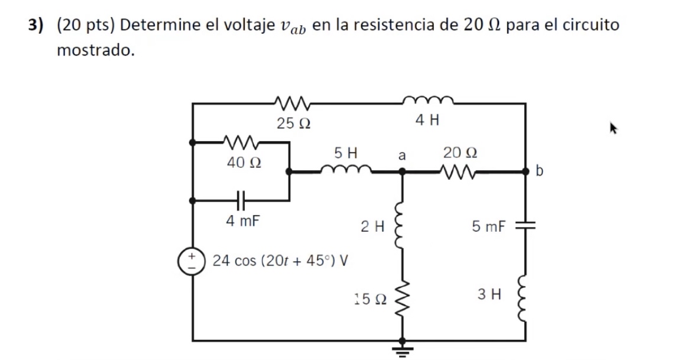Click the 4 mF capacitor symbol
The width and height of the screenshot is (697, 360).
click(240, 200)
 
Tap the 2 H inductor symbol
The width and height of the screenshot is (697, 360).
click(403, 225)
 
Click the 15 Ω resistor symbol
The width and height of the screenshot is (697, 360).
click(403, 299)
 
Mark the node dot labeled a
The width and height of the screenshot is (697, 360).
click(403, 171)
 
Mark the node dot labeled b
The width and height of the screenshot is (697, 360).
click(526, 171)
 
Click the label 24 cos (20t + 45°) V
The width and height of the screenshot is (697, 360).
click(280, 261)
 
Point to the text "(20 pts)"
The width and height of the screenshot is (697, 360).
click(86, 26)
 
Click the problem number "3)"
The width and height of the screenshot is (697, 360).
click(37, 26)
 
